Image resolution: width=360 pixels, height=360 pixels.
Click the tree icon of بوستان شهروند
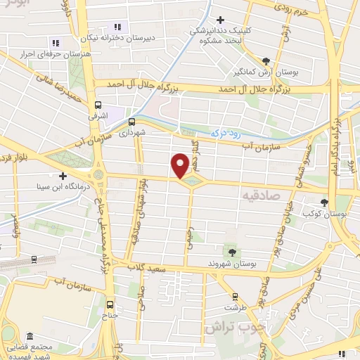coord(230,250)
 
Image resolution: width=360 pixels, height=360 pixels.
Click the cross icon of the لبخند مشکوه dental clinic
coord(221,20)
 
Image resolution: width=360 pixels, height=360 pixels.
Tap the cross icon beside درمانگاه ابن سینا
coord(63,176)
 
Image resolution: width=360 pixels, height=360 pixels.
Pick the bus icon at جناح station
coord(110,304)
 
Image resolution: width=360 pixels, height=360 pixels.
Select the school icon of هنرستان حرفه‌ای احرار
coord(56,44)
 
